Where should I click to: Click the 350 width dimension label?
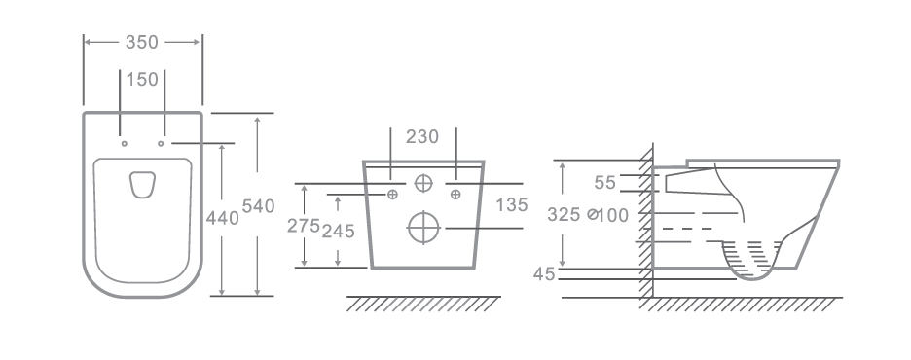click(142, 43)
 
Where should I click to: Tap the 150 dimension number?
click(142, 80)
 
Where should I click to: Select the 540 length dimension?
click(258, 206)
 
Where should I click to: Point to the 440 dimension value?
click(223, 218)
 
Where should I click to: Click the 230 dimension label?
click(422, 137)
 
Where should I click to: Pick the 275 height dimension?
click(304, 226)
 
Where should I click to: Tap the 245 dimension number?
click(338, 232)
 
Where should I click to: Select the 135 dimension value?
click(512, 205)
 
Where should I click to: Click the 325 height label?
click(564, 215)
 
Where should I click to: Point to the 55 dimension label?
click(604, 183)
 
